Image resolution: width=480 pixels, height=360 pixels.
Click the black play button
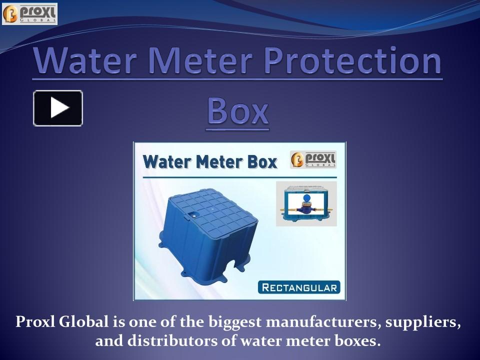tap(58, 108)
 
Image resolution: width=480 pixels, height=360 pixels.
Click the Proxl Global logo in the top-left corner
tap(30, 13)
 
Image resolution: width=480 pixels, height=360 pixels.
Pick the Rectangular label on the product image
tap(299, 287)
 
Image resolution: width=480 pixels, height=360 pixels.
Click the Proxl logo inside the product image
tap(313, 159)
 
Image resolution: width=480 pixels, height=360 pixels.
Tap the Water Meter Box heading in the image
tap(209, 162)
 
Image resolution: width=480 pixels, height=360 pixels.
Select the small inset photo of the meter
tap(306, 203)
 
